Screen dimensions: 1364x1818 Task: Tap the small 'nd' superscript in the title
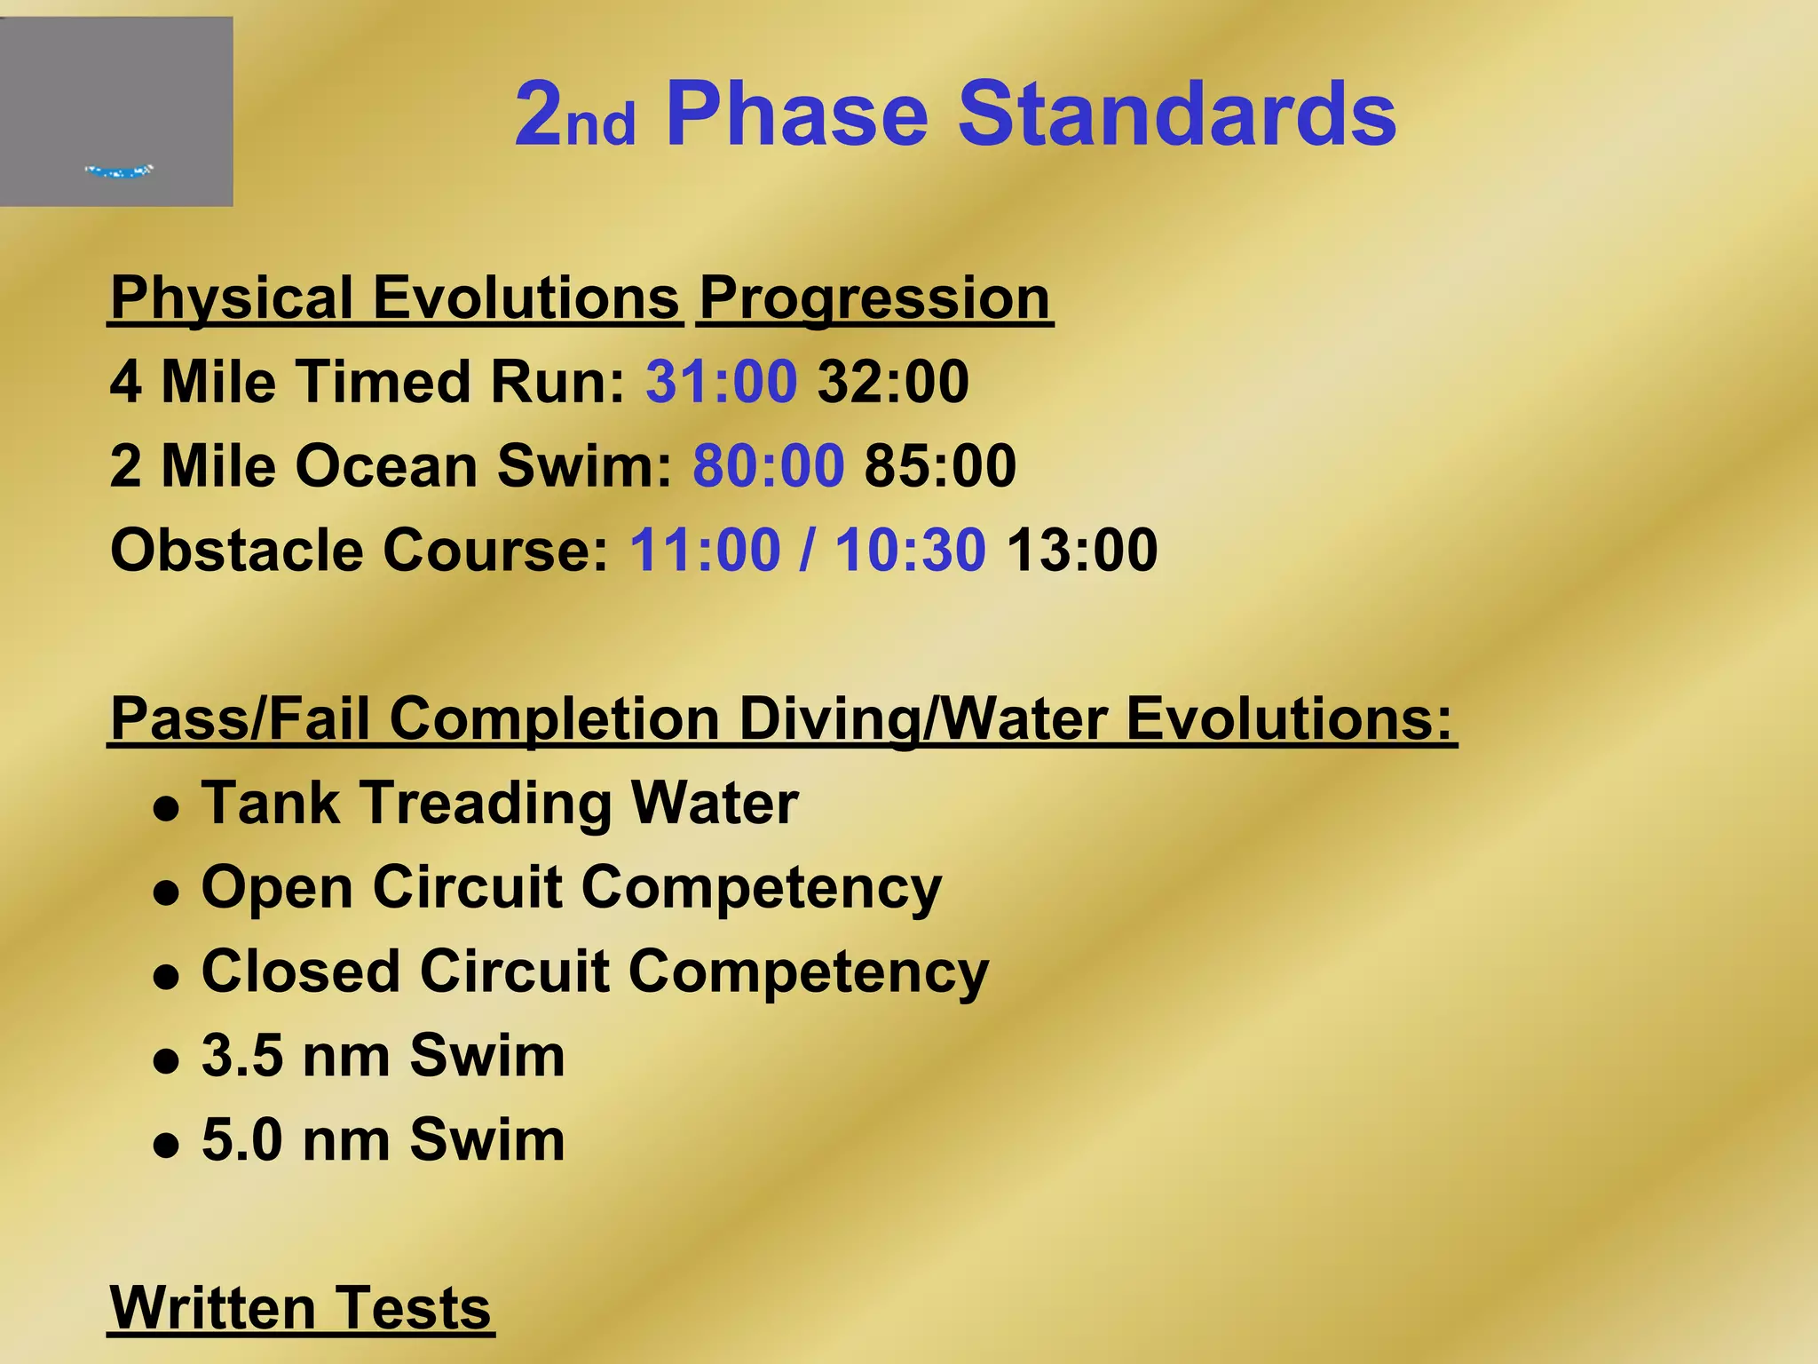601,125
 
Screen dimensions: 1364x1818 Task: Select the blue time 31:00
721,382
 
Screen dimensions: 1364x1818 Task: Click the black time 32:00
893,382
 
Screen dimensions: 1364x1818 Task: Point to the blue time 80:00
768,466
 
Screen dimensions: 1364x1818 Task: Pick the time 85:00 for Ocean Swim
940,466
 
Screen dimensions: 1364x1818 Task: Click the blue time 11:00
705,551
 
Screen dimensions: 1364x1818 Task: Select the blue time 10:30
910,551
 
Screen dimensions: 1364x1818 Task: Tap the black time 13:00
1082,551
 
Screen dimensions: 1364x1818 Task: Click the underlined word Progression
874,298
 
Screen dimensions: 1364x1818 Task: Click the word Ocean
386,466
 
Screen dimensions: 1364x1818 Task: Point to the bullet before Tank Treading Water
166,810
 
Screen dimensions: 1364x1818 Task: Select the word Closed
298,971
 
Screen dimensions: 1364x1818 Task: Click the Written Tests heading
300,1309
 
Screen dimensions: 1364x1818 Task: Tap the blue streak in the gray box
120,170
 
